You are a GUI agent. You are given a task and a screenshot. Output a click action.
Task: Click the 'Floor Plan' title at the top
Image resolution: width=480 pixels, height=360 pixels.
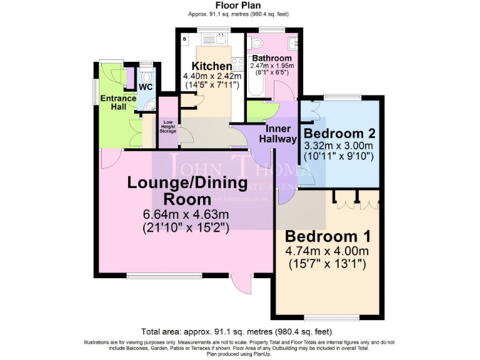[x=239, y=5]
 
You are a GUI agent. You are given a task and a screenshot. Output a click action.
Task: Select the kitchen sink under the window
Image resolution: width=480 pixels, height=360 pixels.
[x=220, y=39]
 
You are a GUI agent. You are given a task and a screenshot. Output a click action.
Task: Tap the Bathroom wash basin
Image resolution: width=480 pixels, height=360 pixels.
[x=294, y=43]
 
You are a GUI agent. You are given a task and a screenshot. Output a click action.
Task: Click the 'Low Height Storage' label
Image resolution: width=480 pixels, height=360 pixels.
[x=168, y=127]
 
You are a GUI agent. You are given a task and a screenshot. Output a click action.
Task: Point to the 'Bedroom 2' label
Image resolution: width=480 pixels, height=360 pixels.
[x=338, y=133]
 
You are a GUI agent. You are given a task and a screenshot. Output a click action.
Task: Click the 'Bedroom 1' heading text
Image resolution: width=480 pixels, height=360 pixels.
[x=328, y=237]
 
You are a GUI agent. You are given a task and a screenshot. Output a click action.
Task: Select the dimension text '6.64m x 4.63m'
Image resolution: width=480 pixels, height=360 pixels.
[x=186, y=215]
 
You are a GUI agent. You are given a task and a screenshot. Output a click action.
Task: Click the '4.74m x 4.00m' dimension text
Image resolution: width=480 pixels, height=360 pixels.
[x=328, y=251]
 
